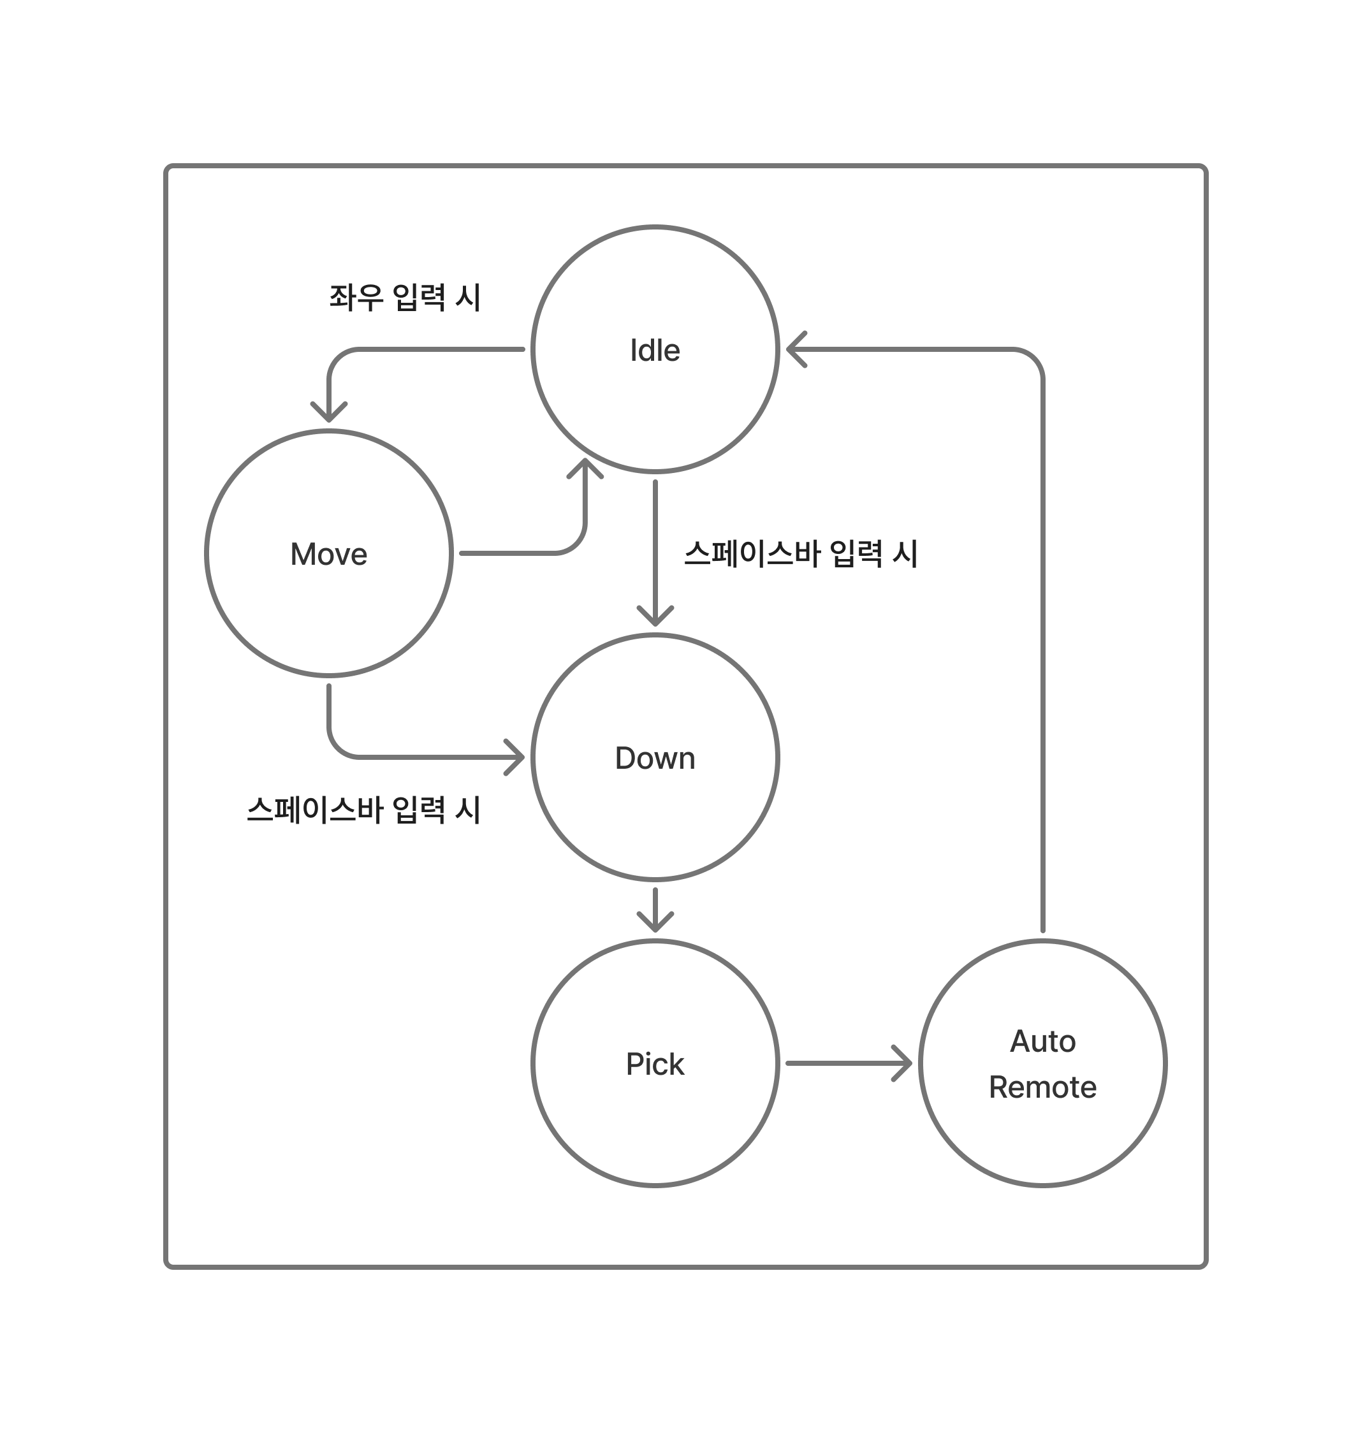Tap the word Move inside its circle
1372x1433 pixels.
coord(328,554)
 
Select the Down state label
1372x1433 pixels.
coord(655,758)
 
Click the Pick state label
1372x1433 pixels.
coord(655,1064)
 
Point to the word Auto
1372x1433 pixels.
coord(1042,1041)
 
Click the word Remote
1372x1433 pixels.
coord(1042,1087)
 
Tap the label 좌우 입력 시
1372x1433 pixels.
coord(404,298)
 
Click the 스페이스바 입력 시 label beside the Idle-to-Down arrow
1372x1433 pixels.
coord(800,553)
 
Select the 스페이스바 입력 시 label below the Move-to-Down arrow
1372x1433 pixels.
coord(363,810)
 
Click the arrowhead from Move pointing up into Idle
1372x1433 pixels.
coord(585,468)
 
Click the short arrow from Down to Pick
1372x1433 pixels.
coord(655,911)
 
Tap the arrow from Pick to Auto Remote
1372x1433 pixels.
coord(849,1063)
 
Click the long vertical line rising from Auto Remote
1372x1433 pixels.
coord(1042,658)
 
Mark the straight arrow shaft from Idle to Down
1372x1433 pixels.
coord(655,541)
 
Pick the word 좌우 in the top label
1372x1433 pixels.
coord(356,298)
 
